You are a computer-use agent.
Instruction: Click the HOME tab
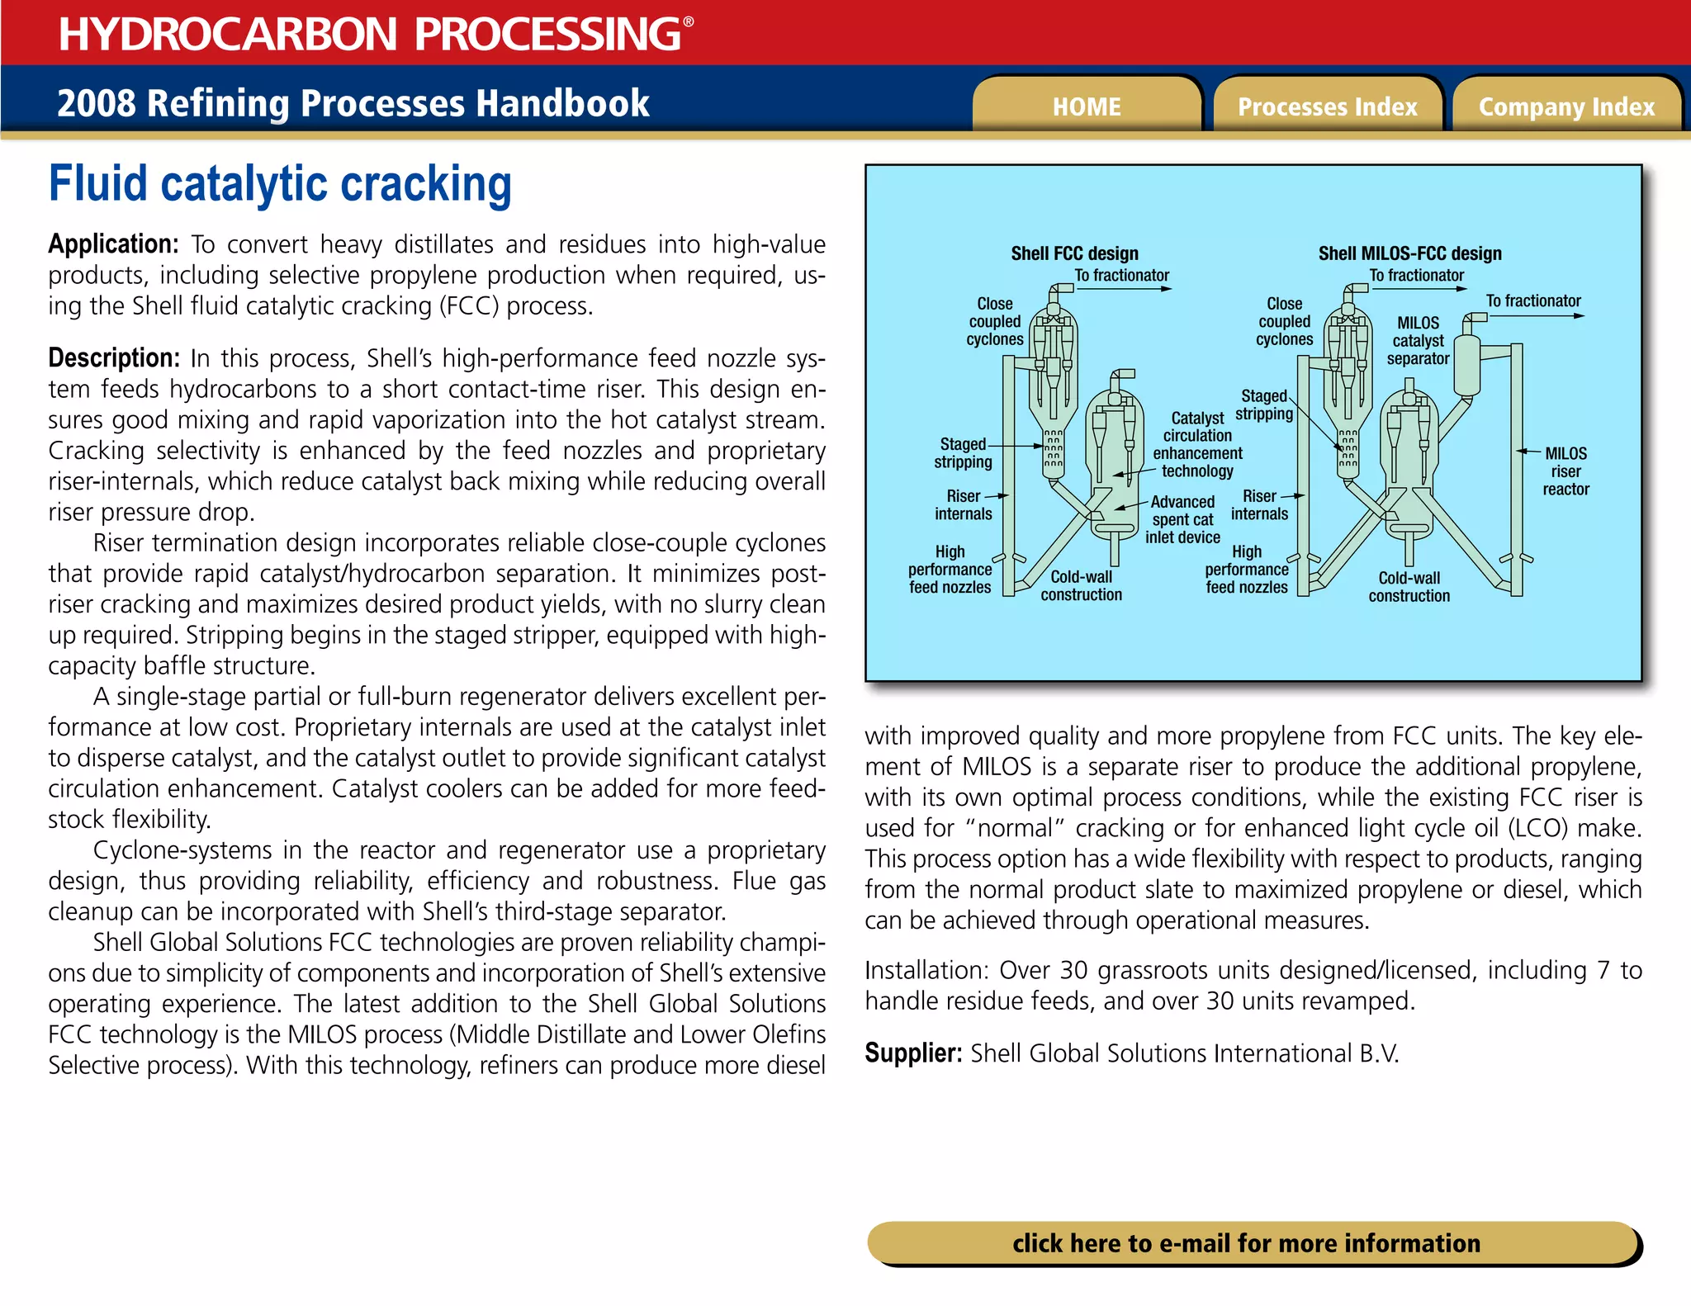(x=1086, y=106)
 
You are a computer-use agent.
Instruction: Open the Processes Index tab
(x=1327, y=106)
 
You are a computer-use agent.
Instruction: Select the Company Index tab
(x=1566, y=106)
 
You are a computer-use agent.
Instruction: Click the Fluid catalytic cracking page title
(x=280, y=183)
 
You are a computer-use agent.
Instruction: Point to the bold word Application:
(x=113, y=244)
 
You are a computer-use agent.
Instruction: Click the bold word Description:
(x=114, y=358)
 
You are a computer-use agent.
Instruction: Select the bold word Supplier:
(x=913, y=1053)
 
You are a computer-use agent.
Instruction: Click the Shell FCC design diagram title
(x=1074, y=253)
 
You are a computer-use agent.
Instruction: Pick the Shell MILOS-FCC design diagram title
(x=1409, y=253)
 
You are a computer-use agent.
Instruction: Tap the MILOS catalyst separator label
(x=1418, y=340)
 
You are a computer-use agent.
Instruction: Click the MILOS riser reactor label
(x=1565, y=471)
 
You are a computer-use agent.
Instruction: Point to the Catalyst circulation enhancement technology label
(x=1197, y=444)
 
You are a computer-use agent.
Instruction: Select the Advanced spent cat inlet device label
(x=1182, y=519)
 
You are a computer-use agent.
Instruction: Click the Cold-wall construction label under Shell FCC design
(x=1081, y=585)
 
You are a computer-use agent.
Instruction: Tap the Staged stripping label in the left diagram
(x=963, y=453)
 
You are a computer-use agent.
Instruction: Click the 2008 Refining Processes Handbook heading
(x=353, y=103)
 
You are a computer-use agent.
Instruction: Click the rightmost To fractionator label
(x=1533, y=301)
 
